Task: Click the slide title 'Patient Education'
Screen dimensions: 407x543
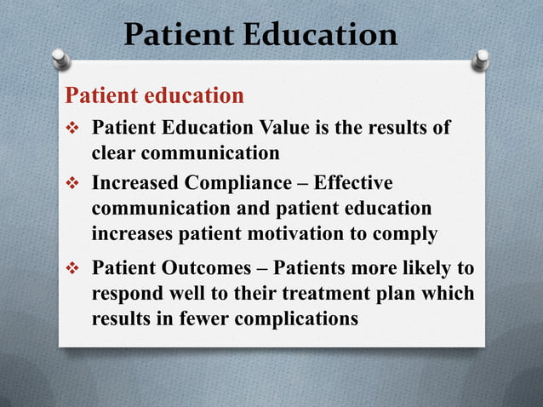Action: (260, 35)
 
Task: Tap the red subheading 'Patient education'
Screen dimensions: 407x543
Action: (155, 94)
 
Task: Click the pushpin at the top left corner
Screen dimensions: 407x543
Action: (60, 59)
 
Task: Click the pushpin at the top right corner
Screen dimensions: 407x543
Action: (482, 59)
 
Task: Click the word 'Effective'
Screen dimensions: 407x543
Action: (353, 183)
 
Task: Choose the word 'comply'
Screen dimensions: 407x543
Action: (407, 234)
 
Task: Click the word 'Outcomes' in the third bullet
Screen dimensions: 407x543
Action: (197, 268)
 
